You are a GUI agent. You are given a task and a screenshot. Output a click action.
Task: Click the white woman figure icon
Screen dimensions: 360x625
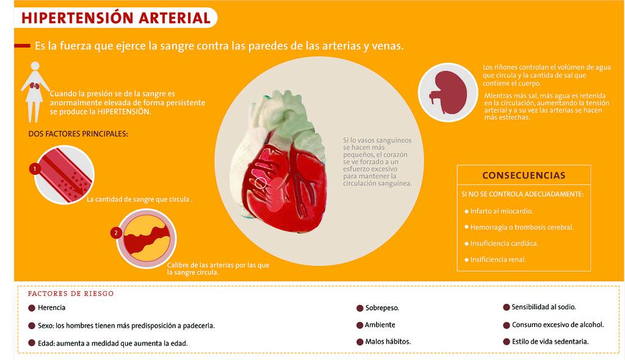35,92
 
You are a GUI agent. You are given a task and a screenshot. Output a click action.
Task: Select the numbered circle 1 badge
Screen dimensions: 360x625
35,168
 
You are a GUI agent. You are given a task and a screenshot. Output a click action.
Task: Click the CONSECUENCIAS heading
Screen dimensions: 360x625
524,175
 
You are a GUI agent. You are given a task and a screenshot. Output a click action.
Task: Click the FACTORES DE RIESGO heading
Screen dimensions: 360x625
71,293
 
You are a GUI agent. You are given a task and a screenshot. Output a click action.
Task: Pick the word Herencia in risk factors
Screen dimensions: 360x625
51,308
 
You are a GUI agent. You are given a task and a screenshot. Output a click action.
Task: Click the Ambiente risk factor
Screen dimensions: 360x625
380,325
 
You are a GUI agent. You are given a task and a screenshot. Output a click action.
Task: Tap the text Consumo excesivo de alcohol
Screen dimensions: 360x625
557,325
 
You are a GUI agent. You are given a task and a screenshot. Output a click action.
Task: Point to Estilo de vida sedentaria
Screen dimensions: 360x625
550,342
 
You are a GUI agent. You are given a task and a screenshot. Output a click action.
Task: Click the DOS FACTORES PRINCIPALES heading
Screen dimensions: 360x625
78,134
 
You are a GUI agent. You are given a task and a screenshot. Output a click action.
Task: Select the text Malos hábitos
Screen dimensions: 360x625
388,342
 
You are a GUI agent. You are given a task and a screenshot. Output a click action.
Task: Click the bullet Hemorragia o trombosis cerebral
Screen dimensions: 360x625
522,228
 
